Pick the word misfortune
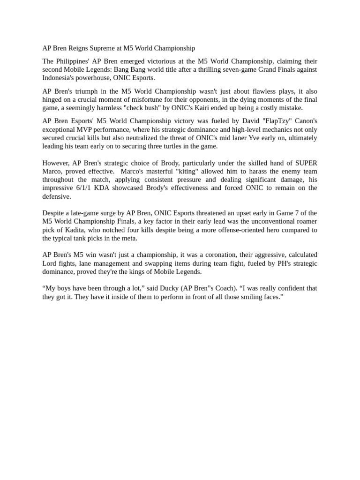coord(147,99)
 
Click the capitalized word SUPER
coord(306,163)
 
